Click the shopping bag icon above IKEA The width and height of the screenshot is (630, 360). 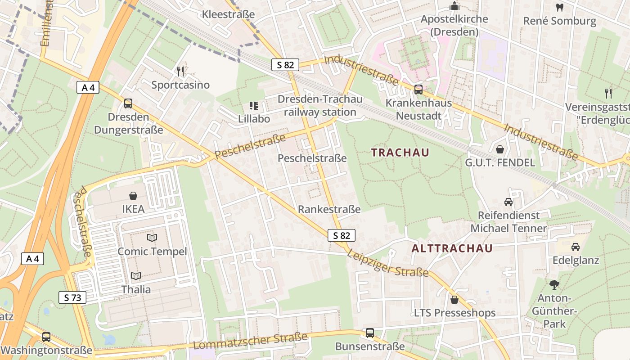[133, 196]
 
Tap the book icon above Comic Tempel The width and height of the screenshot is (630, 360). [152, 238]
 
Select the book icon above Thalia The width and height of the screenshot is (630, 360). [136, 276]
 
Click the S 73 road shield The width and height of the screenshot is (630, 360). [72, 297]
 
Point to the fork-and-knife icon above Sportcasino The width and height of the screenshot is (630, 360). [180, 71]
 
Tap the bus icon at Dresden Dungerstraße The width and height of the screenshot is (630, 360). [128, 103]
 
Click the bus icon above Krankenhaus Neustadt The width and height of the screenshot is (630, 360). [418, 89]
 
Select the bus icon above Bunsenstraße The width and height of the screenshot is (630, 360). [370, 333]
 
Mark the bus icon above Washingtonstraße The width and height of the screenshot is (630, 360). [46, 337]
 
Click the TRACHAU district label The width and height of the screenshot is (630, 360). [400, 153]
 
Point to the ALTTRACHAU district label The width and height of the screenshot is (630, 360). [452, 248]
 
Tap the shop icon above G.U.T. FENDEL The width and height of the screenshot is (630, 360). [500, 149]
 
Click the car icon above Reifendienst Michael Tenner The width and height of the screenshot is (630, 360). [508, 202]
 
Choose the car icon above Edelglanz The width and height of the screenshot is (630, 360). [576, 247]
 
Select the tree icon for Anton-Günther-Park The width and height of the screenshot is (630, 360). [554, 284]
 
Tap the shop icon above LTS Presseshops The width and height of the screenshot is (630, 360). [454, 299]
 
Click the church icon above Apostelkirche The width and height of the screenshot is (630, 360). [454, 6]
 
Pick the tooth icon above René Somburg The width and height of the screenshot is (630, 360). [560, 7]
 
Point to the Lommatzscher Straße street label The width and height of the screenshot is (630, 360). [250, 341]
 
